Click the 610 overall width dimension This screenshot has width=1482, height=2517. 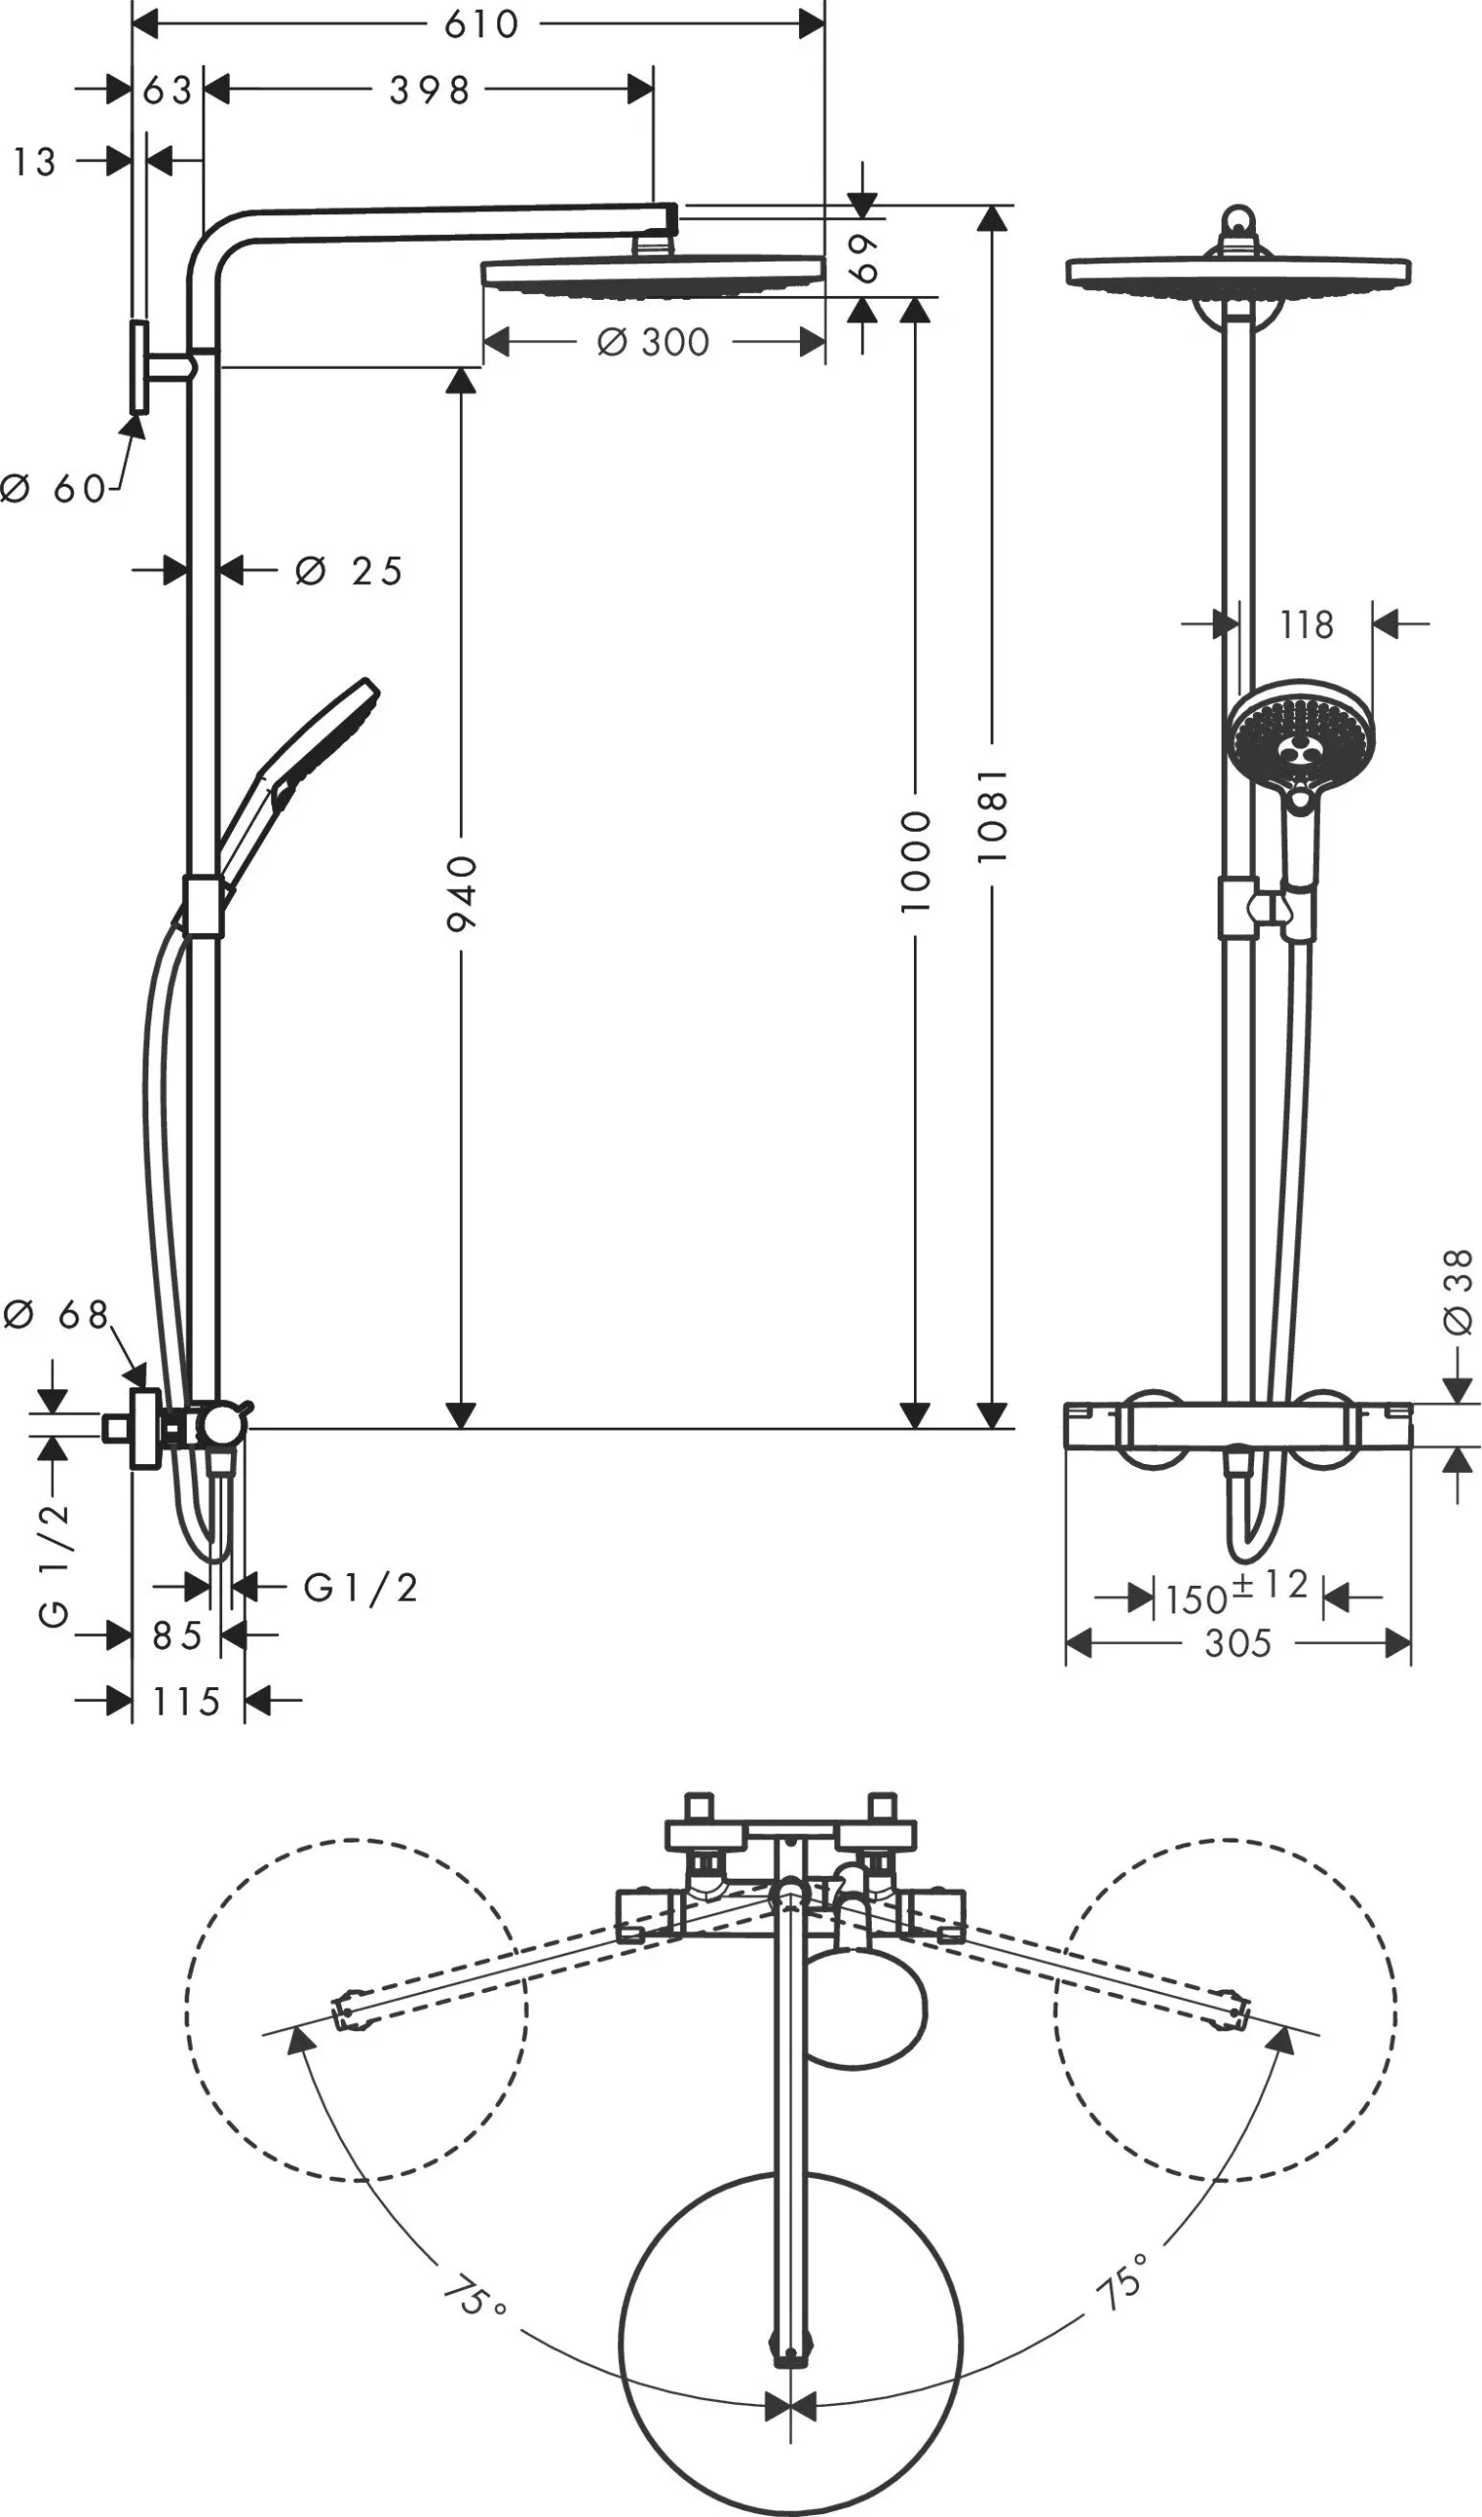tap(482, 24)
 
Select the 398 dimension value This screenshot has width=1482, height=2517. tap(429, 90)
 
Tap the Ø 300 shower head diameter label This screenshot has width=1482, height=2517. tap(654, 342)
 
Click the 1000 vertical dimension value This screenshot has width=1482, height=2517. tap(915, 861)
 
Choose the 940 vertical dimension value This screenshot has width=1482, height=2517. tap(461, 892)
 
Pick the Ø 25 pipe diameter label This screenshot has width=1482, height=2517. tap(350, 571)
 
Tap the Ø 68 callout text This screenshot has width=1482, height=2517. tap(56, 1315)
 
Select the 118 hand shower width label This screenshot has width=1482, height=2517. tap(1306, 625)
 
